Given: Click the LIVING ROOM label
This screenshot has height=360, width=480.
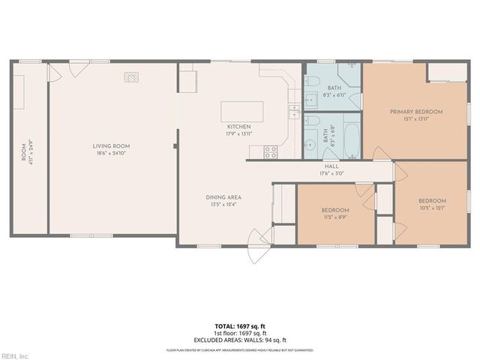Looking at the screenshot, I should click(x=111, y=146).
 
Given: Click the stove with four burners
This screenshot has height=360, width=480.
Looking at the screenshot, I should click(x=270, y=151).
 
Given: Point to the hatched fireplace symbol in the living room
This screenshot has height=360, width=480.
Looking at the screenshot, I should click(x=131, y=76).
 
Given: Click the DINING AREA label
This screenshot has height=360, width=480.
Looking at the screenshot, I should click(x=223, y=197).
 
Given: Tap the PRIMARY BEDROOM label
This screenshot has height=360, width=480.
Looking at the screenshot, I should click(x=415, y=112).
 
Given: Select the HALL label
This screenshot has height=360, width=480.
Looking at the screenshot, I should click(x=331, y=166).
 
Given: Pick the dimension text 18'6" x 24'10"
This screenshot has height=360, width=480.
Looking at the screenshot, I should click(x=111, y=153).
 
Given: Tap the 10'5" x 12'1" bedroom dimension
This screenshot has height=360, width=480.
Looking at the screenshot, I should click(x=432, y=208).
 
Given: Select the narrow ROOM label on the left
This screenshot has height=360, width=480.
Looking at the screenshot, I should click(x=23, y=152).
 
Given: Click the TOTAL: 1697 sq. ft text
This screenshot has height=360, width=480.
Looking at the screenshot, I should click(x=240, y=326).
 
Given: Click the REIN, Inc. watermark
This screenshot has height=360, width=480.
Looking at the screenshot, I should click(x=15, y=355).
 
